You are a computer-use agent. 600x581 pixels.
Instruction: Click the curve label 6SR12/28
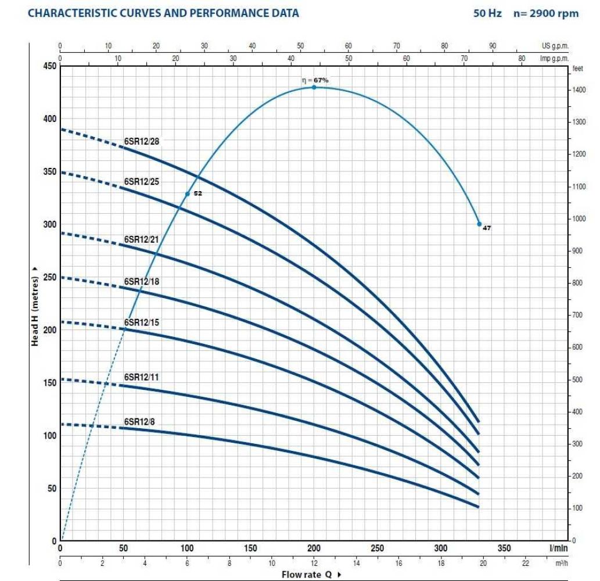point(141,141)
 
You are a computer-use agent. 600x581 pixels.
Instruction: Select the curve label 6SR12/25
point(141,181)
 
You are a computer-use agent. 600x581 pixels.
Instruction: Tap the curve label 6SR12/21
point(141,239)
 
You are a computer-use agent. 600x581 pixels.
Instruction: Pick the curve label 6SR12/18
point(141,281)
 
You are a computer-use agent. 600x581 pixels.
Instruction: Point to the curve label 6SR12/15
point(141,322)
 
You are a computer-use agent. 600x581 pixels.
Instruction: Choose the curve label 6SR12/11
point(141,377)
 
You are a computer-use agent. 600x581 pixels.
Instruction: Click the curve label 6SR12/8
point(139,421)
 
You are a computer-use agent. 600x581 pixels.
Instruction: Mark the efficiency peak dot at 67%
point(314,87)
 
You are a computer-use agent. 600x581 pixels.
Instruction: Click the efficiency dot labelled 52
point(188,193)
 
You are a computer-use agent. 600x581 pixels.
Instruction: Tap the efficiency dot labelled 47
point(479,224)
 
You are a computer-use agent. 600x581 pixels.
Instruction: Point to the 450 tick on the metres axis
point(51,66)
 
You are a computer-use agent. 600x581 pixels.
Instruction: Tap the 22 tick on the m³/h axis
point(526,562)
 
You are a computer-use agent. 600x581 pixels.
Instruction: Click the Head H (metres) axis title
point(35,311)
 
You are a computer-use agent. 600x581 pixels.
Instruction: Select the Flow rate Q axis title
point(307,575)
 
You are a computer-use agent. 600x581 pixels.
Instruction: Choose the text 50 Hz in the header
point(487,13)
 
